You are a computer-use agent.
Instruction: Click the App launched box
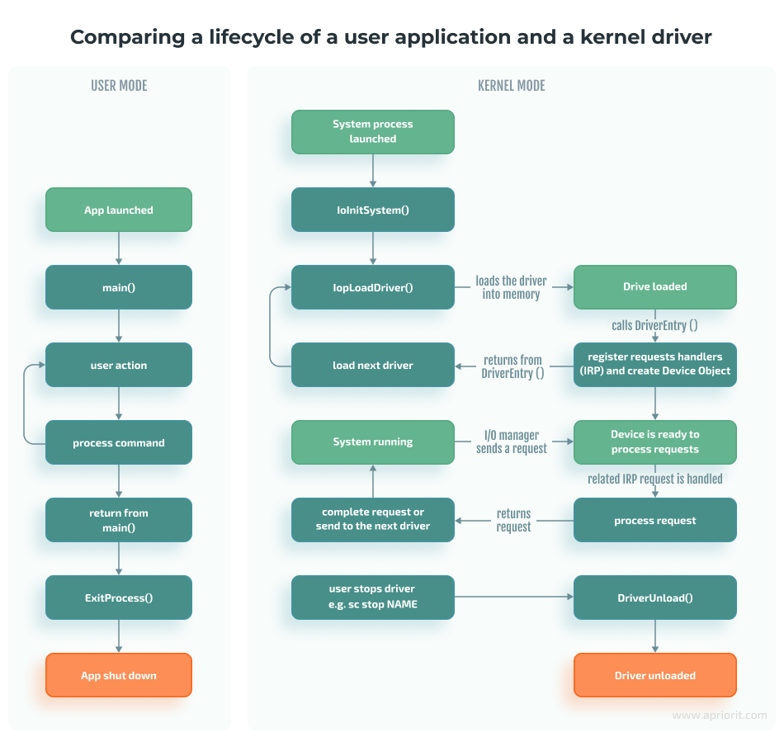[118, 210]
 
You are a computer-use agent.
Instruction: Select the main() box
[118, 287]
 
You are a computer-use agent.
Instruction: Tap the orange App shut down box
[118, 675]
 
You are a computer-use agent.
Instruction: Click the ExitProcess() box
[118, 597]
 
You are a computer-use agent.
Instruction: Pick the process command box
[118, 442]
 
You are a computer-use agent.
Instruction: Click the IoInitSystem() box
[372, 210]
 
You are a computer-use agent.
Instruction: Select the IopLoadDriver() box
[372, 287]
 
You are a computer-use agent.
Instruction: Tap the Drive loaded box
[654, 287]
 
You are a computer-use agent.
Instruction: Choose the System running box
[372, 442]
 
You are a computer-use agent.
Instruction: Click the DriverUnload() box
[654, 597]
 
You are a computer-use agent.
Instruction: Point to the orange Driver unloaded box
[654, 675]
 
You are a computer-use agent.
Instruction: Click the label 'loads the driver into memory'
[511, 287]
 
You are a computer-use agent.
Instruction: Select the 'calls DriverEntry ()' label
[654, 325]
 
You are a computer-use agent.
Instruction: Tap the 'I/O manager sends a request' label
[511, 442]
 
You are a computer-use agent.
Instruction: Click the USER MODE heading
[119, 86]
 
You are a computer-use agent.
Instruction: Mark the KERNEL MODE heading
[511, 86]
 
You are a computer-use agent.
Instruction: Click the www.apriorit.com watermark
[719, 716]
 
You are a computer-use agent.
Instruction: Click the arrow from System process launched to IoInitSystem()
[372, 171]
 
